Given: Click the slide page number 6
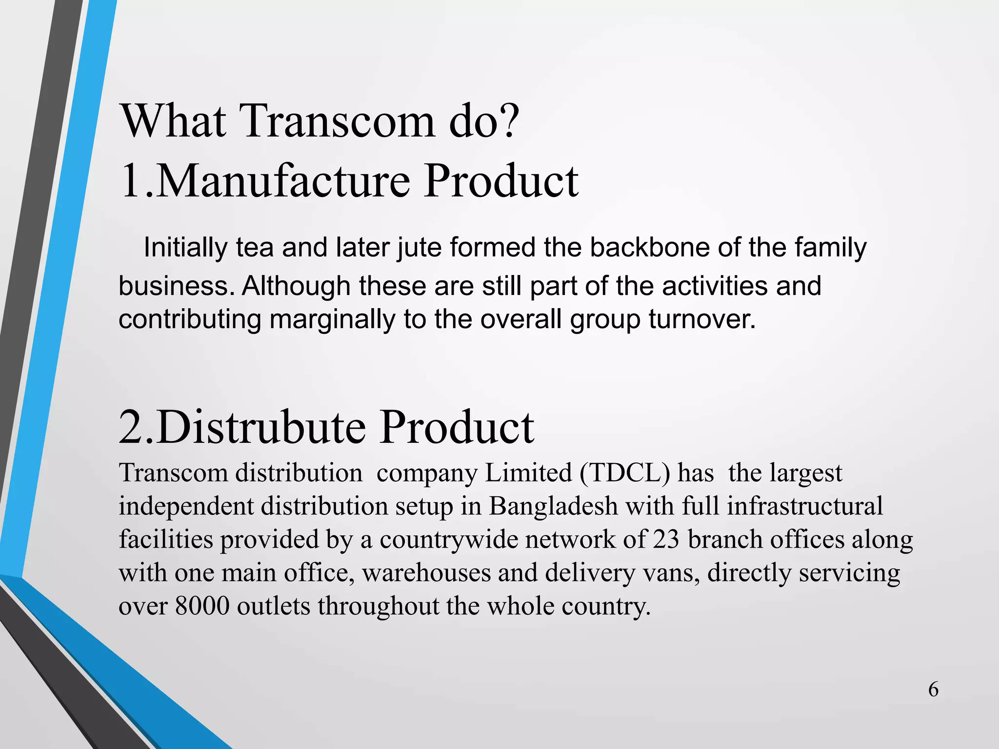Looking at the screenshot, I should click(x=933, y=690).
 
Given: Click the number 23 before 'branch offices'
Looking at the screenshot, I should click(x=666, y=540).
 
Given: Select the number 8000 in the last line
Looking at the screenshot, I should click(x=202, y=606).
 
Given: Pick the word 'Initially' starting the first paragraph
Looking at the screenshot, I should click(x=185, y=248).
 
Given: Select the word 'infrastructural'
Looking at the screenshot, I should click(x=805, y=507).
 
